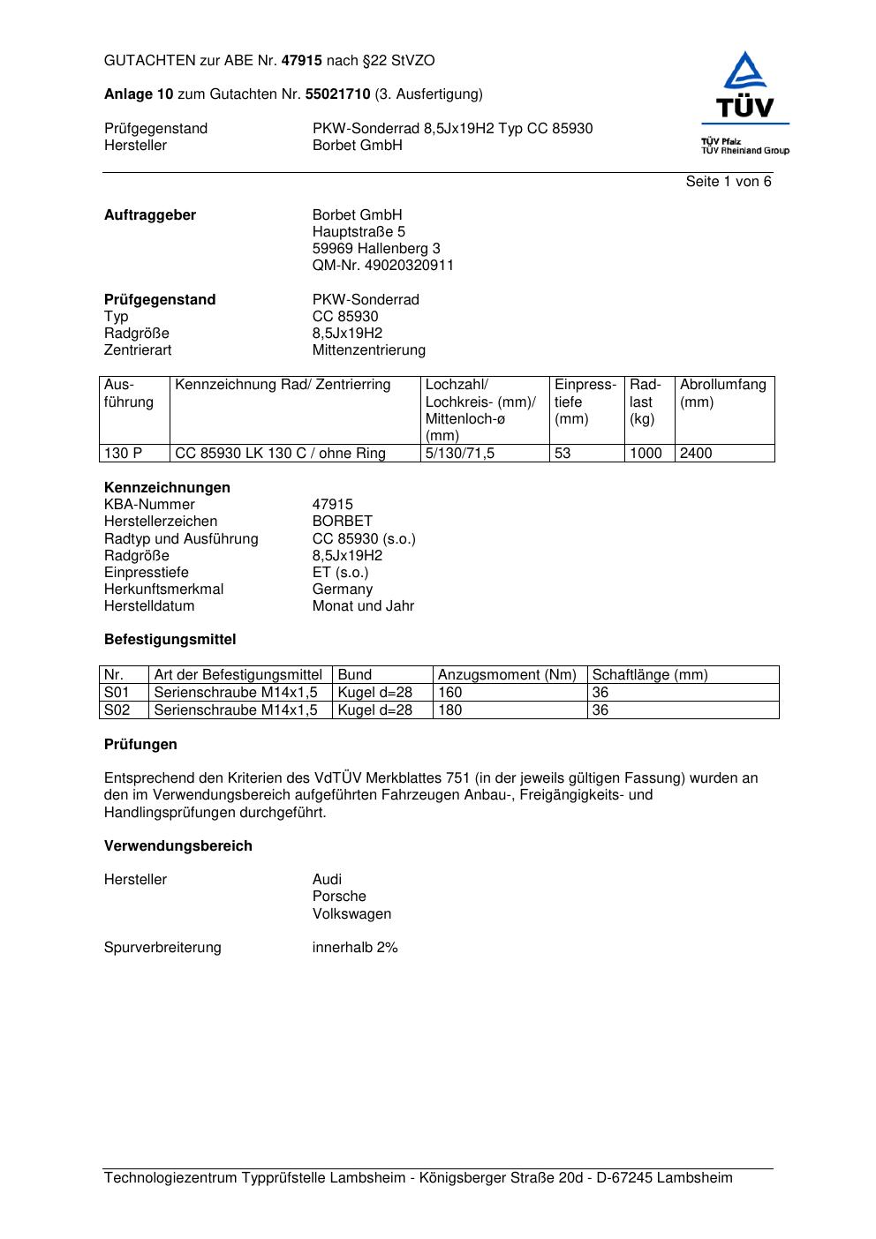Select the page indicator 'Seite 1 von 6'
[728, 182]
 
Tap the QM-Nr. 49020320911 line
[382, 266]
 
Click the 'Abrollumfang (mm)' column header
[722, 393]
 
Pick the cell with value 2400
[696, 454]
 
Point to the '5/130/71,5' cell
[460, 454]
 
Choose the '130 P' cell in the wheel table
[123, 454]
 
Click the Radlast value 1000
[646, 454]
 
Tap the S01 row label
[117, 693]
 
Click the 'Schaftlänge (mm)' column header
[650, 675]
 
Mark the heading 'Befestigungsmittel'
[170, 640]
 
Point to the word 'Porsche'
[339, 897]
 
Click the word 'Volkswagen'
[351, 914]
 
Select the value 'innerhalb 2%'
[355, 948]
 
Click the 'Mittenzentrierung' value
[368, 350]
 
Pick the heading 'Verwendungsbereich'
[177, 846]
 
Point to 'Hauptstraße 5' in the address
[359, 232]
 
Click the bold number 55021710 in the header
[337, 94]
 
